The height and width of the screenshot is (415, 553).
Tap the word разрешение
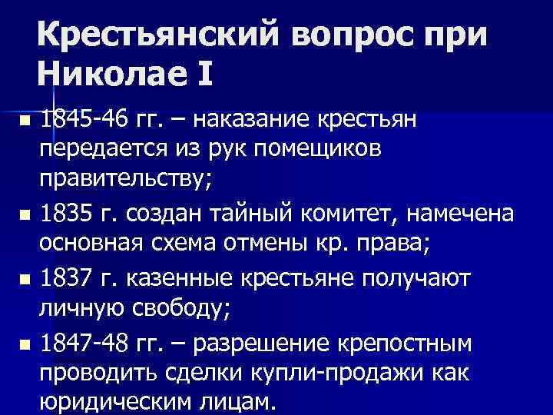(253, 342)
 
